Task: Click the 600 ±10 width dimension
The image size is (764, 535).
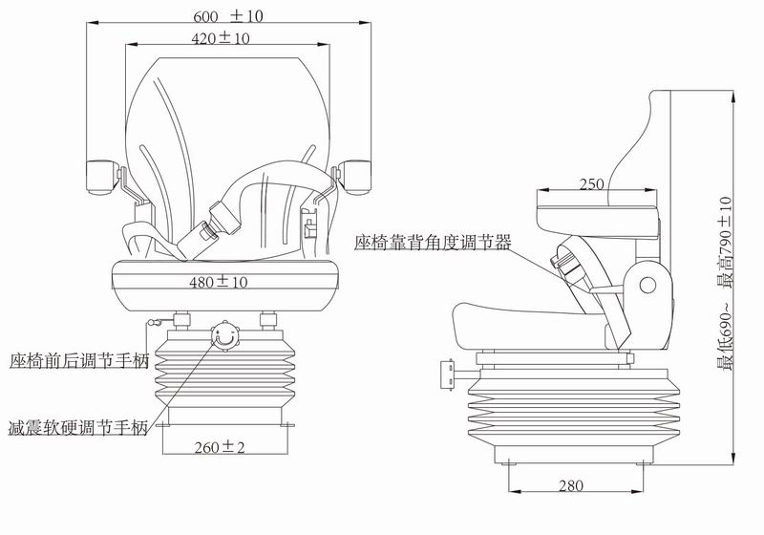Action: pos(229,15)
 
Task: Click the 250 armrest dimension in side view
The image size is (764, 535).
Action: pos(592,183)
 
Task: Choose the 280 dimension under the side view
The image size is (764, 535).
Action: pos(569,485)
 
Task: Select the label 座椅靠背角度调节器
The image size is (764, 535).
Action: pos(432,243)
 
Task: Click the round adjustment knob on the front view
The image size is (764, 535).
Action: pos(225,335)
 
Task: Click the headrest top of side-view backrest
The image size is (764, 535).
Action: pos(663,98)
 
